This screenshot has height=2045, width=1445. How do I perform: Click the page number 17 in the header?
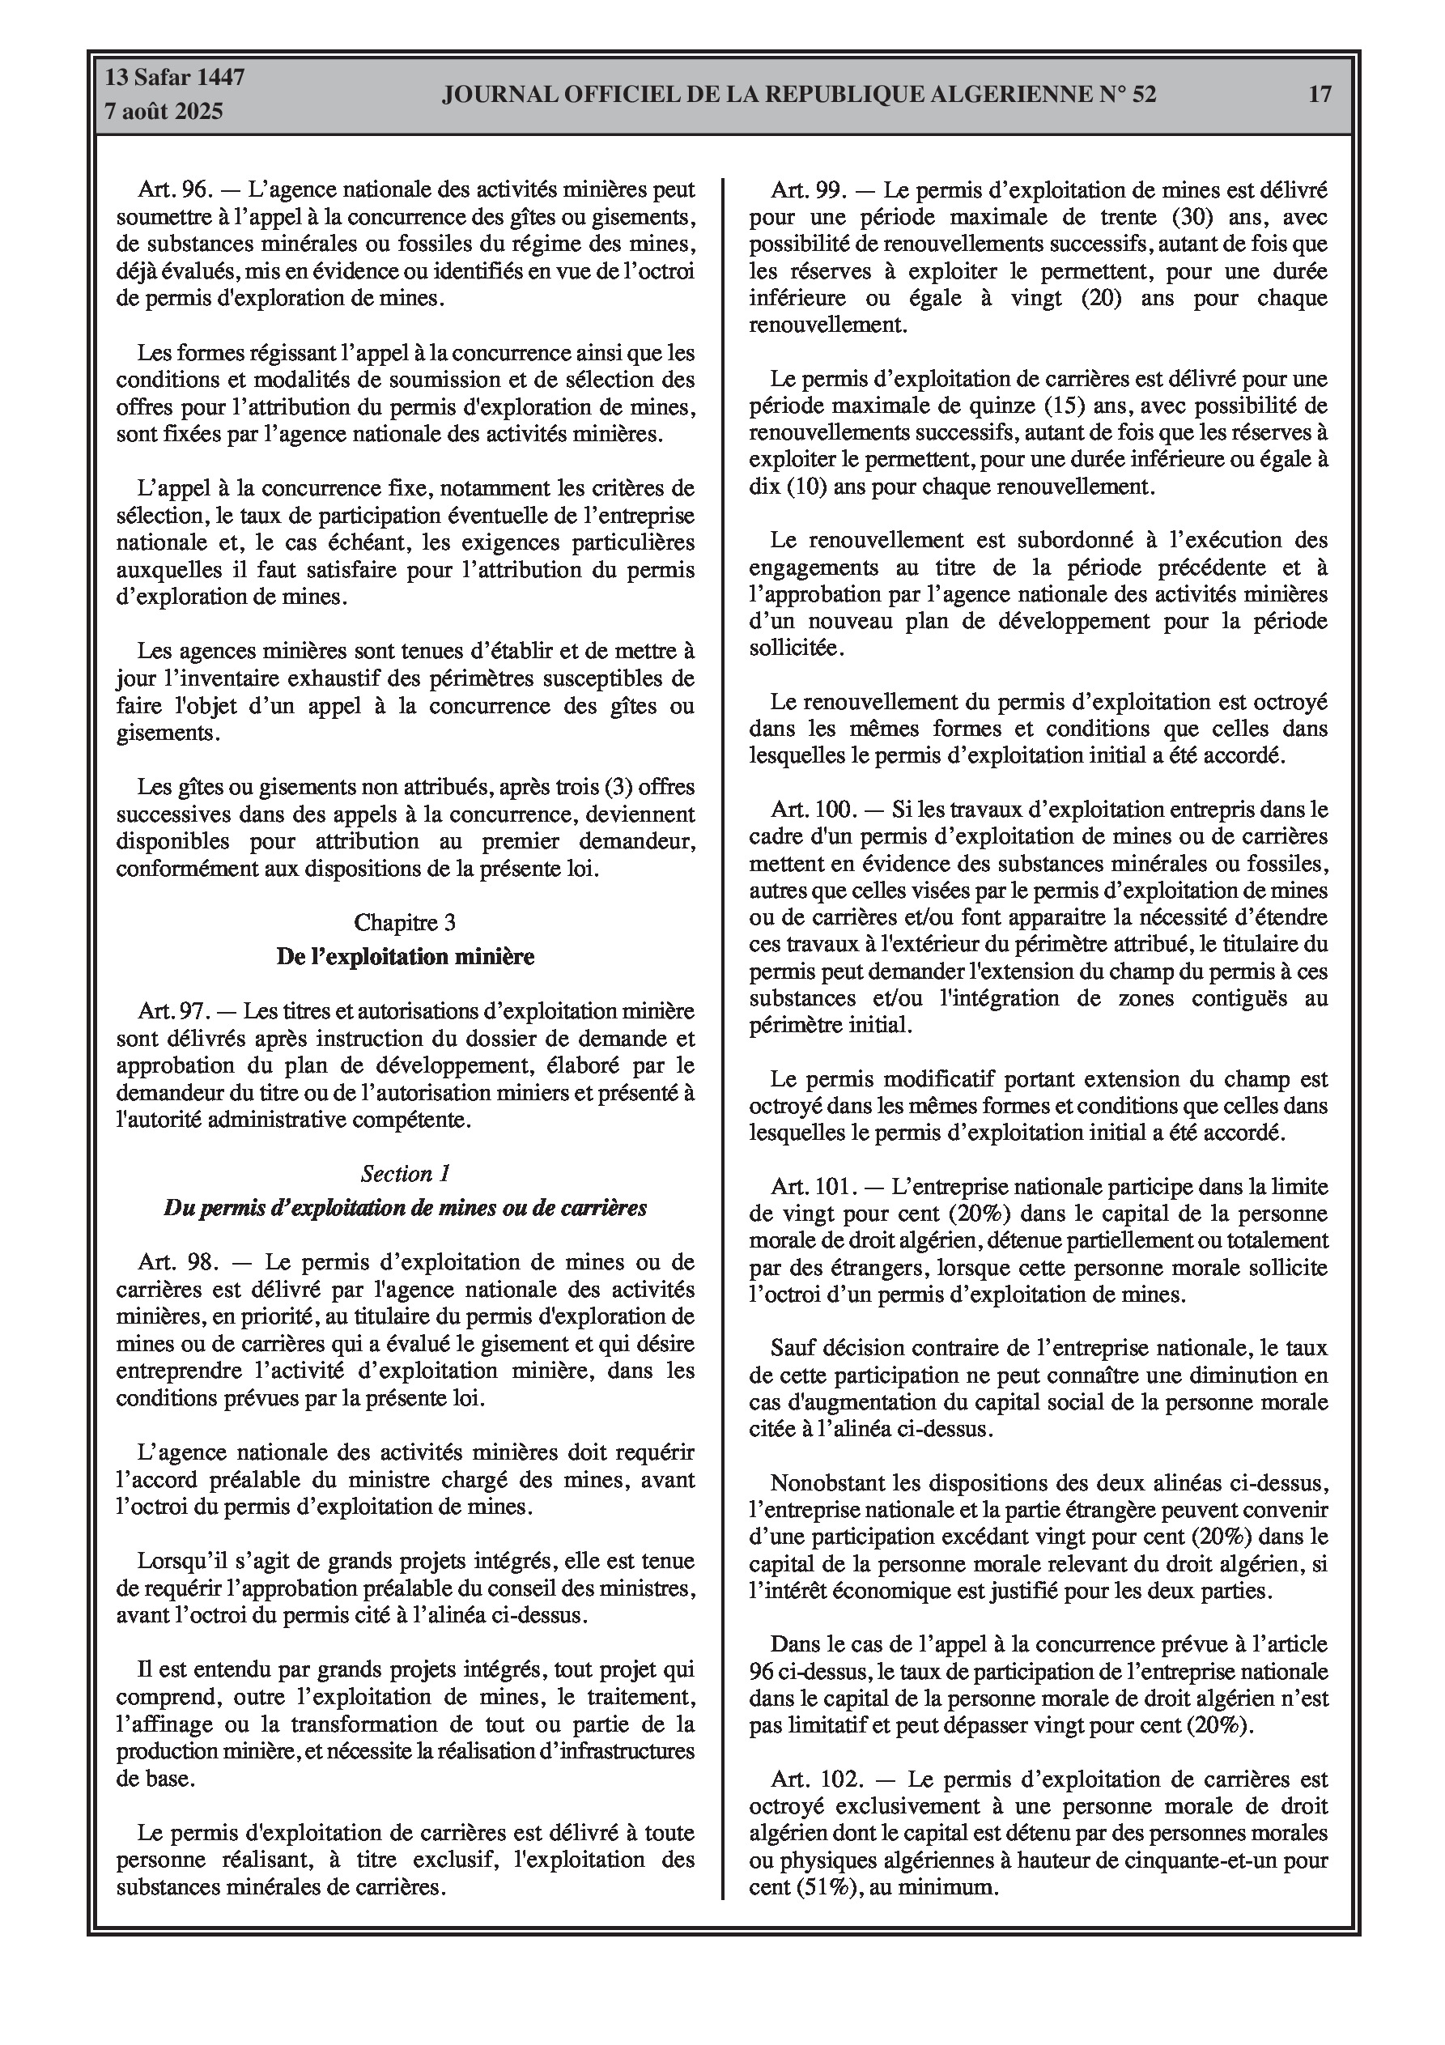coord(1320,95)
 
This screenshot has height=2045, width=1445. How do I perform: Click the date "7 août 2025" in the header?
coord(163,112)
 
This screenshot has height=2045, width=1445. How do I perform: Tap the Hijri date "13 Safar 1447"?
coord(175,78)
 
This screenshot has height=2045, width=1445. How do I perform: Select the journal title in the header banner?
coord(798,95)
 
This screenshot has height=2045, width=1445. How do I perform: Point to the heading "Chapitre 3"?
coord(405,922)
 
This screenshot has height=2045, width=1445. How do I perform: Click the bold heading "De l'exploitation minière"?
coord(406,957)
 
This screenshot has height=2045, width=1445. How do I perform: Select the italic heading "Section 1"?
coord(406,1173)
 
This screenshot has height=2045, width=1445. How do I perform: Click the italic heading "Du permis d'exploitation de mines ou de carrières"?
coord(406,1208)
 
